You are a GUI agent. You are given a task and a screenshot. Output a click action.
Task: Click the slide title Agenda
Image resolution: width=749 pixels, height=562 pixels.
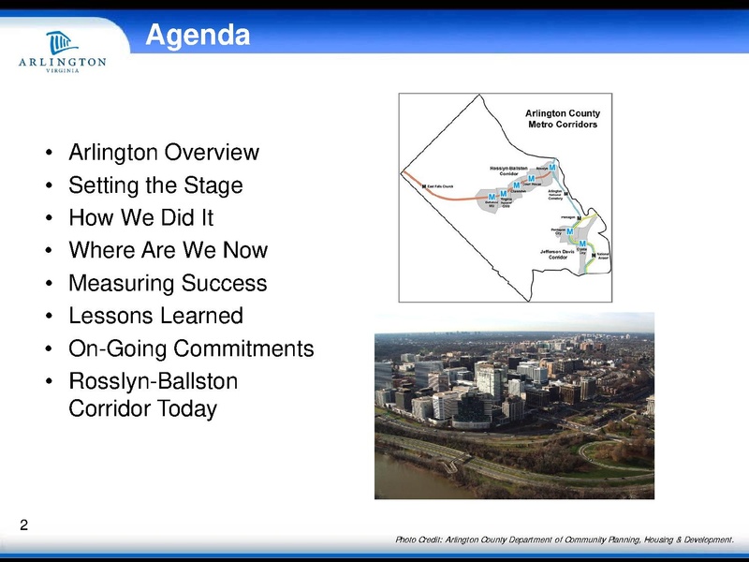pos(198,36)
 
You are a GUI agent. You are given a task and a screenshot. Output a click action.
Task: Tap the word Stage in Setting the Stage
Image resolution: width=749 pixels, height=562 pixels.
pos(213,185)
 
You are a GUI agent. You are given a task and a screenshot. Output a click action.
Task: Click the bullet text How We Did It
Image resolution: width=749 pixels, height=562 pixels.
pos(140,218)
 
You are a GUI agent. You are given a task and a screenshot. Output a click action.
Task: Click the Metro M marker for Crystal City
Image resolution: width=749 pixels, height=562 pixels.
pos(583,244)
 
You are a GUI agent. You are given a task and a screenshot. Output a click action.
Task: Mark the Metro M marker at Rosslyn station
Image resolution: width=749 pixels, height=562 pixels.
pos(552,168)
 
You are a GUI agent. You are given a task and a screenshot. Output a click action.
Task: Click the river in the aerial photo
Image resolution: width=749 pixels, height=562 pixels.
pos(412,478)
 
